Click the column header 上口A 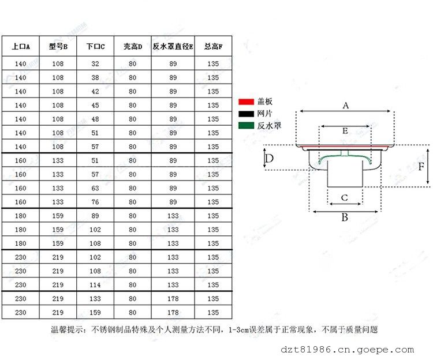[x=21, y=46]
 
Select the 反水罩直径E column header [x=173, y=46]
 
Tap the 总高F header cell [x=213, y=46]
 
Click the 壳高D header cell [x=133, y=46]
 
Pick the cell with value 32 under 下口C [x=95, y=63]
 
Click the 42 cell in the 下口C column [x=95, y=91]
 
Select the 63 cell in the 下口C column [x=95, y=188]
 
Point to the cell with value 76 [x=95, y=202]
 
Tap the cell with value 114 [x=95, y=285]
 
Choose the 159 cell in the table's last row [x=95, y=313]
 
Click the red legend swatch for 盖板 [x=247, y=102]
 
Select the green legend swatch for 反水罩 [x=247, y=126]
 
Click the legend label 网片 [x=264, y=114]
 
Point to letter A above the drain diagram [x=345, y=106]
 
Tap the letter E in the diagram [x=345, y=130]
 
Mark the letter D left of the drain [x=269, y=158]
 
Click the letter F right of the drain [x=421, y=166]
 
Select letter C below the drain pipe [x=344, y=198]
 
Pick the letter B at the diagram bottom [x=345, y=217]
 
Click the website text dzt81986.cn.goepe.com [x=347, y=350]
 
